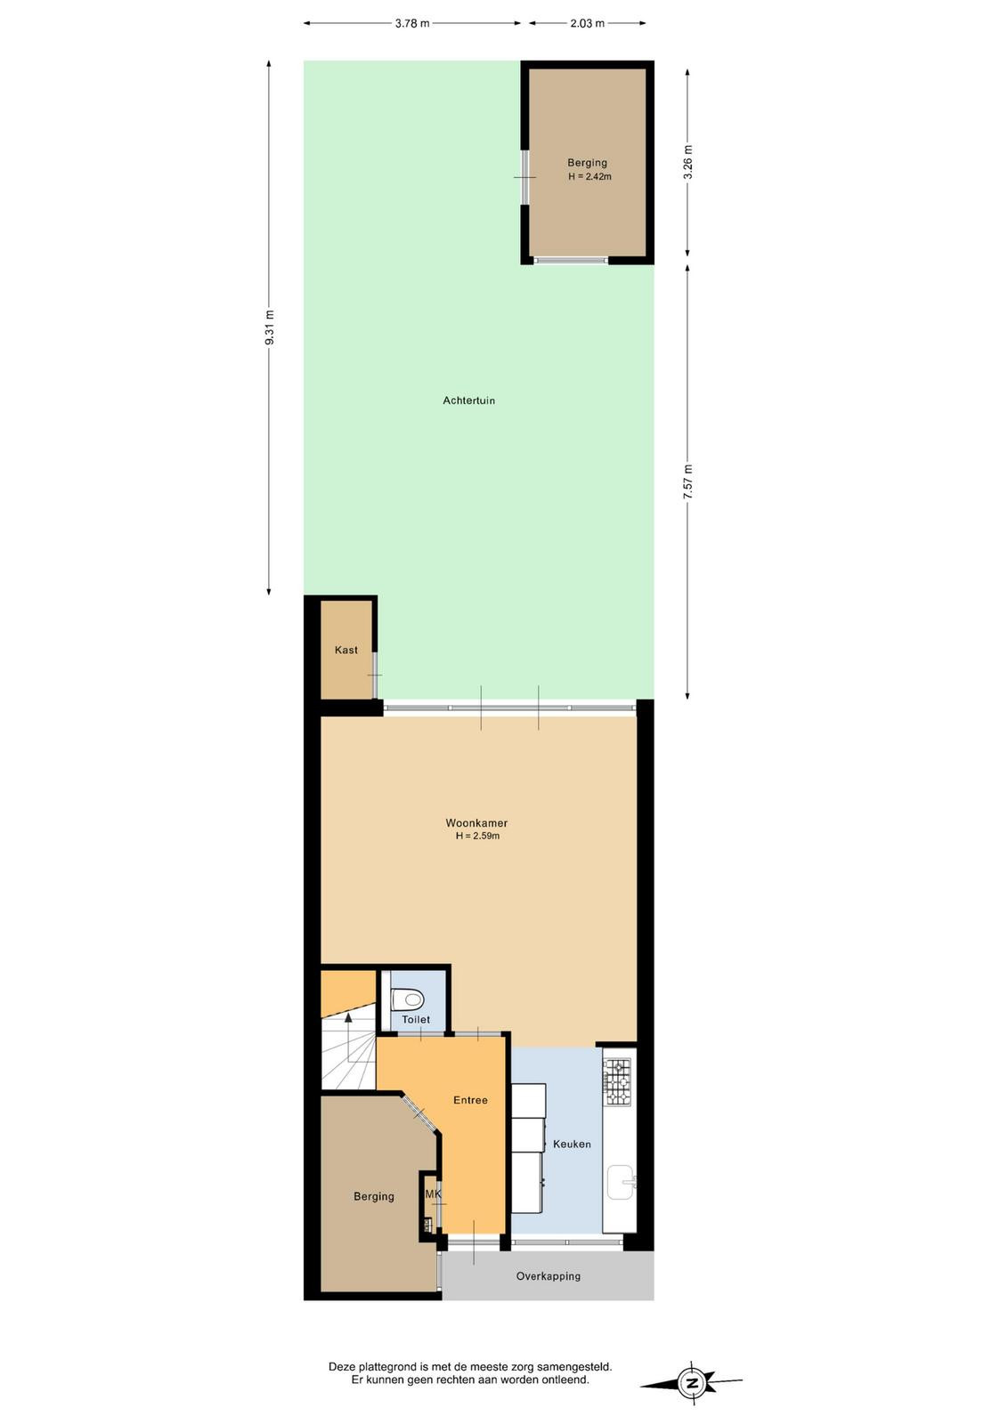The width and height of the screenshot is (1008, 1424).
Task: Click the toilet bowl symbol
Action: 408,999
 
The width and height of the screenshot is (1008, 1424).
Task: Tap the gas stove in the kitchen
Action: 617,1081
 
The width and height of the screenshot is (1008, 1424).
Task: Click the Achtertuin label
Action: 468,400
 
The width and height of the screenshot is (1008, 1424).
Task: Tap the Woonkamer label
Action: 476,823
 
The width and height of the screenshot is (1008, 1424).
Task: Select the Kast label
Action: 346,650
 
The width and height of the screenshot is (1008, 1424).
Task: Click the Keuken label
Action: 572,1144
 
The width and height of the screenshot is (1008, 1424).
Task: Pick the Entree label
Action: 471,1100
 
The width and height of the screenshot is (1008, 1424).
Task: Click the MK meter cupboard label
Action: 433,1194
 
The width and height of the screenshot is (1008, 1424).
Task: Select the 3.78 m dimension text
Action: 412,23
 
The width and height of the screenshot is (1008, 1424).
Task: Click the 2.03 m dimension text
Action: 587,23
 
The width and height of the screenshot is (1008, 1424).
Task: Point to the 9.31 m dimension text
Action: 270,328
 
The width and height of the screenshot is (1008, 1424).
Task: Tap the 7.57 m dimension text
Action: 688,481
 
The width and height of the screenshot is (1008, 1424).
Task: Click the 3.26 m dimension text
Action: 688,163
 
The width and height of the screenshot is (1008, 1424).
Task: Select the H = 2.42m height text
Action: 589,177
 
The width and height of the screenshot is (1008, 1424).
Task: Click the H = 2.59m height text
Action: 477,836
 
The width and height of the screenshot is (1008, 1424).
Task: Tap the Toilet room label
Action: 416,1019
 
